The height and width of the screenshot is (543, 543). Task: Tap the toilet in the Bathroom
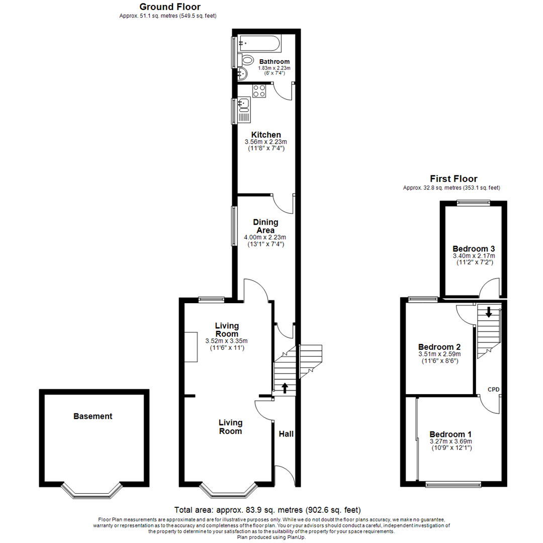246,61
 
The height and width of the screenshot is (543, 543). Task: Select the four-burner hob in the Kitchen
259,91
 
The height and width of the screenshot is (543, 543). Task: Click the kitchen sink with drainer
244,110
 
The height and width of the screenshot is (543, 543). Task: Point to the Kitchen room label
266,135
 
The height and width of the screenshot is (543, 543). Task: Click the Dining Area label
265,226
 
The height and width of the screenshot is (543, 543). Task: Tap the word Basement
93,416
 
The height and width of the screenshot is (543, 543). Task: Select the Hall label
286,434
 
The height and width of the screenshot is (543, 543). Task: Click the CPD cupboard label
494,390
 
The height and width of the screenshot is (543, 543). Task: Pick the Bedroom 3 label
474,249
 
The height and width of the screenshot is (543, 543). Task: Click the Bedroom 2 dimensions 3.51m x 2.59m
440,354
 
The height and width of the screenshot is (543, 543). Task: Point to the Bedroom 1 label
450,434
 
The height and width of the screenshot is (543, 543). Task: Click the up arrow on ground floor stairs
285,387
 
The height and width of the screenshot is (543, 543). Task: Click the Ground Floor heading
170,7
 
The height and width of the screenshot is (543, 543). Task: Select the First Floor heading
454,178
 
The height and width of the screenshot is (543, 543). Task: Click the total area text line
267,510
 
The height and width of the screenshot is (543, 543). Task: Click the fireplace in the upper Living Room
191,347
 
